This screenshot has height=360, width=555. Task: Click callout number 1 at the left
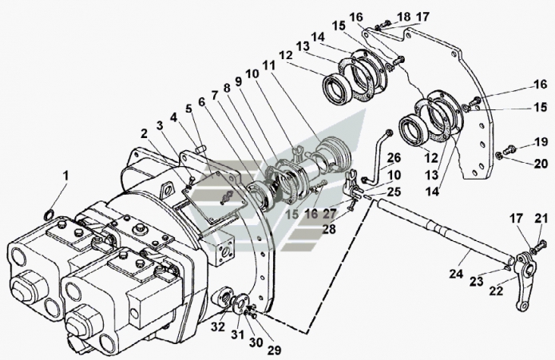(67, 175)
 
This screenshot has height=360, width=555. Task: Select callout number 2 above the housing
(144, 133)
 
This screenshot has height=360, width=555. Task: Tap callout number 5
(188, 109)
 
